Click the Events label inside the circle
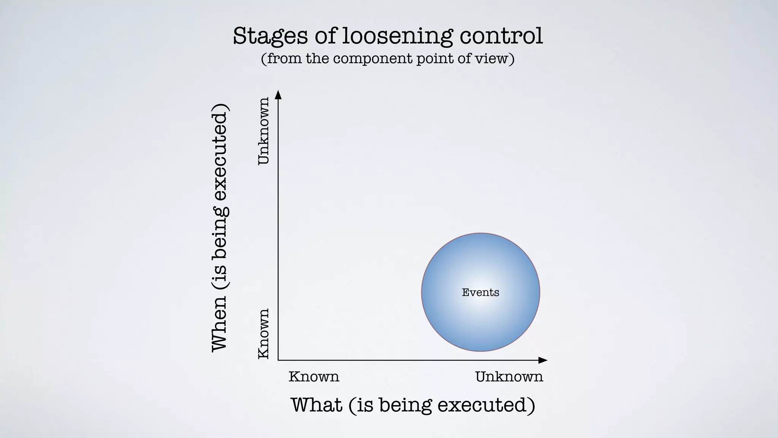click(x=480, y=292)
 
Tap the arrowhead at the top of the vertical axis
click(x=278, y=94)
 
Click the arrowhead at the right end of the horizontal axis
click(x=543, y=360)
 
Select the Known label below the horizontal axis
click(x=314, y=377)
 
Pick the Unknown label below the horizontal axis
click(x=509, y=377)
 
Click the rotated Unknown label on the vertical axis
click(x=264, y=131)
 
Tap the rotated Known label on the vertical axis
click(x=264, y=333)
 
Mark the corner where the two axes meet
click(x=278, y=360)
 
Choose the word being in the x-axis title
click(x=405, y=405)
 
